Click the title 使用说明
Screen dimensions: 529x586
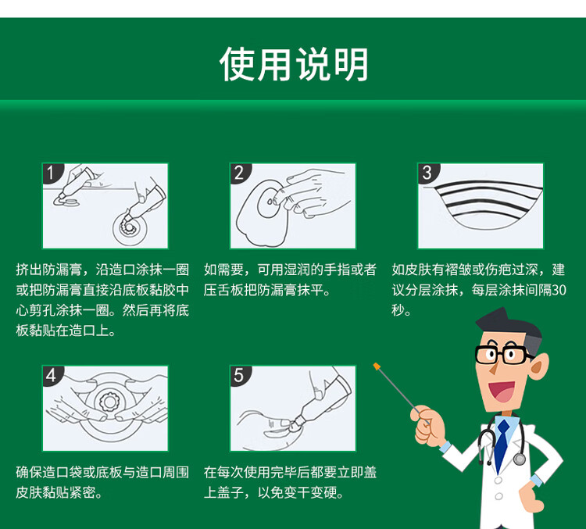[293, 64]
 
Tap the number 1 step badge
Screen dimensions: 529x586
[52, 173]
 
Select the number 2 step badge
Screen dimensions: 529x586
[240, 173]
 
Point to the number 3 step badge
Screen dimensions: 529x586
[427, 173]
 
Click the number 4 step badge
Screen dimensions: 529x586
[52, 375]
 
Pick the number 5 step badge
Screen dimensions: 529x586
[240, 375]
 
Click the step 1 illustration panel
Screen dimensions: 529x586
[105, 206]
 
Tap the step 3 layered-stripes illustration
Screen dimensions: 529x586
[481, 207]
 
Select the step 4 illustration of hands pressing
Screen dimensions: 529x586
[105, 408]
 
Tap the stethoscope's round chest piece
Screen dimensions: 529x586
[520, 459]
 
